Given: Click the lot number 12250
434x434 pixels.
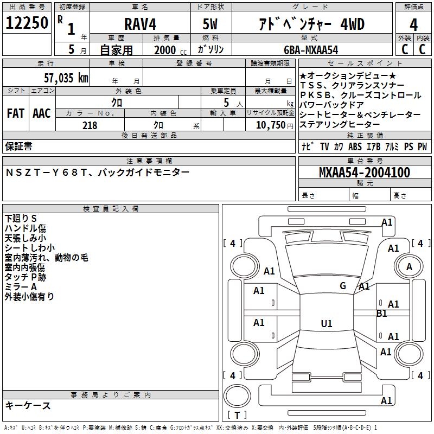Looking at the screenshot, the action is click(x=27, y=23).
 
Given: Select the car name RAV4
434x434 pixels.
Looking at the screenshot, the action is click(x=139, y=24).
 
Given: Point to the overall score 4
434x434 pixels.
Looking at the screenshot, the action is click(x=413, y=24).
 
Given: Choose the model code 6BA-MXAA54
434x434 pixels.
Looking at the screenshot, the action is click(x=310, y=49).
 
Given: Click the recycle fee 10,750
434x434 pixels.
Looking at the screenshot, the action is click(x=271, y=125).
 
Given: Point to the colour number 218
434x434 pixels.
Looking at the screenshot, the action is click(x=90, y=125).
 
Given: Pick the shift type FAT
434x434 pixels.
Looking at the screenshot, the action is click(x=15, y=113).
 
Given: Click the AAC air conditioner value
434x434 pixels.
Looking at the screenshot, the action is click(x=42, y=113).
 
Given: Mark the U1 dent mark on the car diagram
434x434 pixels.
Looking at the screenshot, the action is click(x=327, y=323).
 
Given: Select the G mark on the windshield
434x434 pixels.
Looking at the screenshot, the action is click(x=343, y=285).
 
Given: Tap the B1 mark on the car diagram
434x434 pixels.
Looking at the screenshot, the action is click(x=382, y=314).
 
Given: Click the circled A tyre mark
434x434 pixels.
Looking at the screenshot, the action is click(x=409, y=267).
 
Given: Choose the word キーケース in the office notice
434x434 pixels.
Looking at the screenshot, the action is click(x=28, y=406).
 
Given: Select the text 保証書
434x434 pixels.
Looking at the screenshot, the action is click(x=18, y=146).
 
